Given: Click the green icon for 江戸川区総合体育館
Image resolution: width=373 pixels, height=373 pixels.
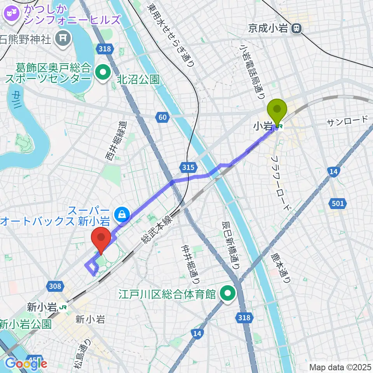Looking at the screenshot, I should (x=228, y=294).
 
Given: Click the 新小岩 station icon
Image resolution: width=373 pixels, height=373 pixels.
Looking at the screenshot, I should (x=63, y=307).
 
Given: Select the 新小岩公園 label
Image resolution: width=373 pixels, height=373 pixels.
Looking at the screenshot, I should (x=25, y=323).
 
